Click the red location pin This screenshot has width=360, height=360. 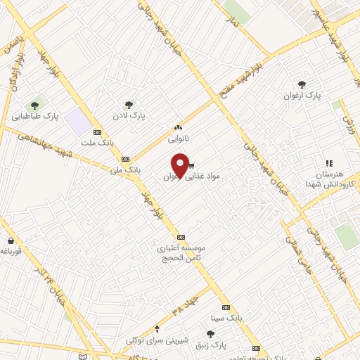pyautogui.click(x=181, y=165)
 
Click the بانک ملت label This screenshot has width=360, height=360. pyautogui.click(x=97, y=143)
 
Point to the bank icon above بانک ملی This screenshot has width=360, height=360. pyautogui.click(x=125, y=159)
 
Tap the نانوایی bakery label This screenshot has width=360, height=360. pyautogui.click(x=177, y=139)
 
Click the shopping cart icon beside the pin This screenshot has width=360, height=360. pyautogui.click(x=191, y=166)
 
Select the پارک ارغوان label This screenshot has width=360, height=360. pyautogui.click(x=302, y=94)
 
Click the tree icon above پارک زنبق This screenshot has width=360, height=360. pyautogui.click(x=210, y=334)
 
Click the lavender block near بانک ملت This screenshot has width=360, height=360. pyautogui.click(x=79, y=122)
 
